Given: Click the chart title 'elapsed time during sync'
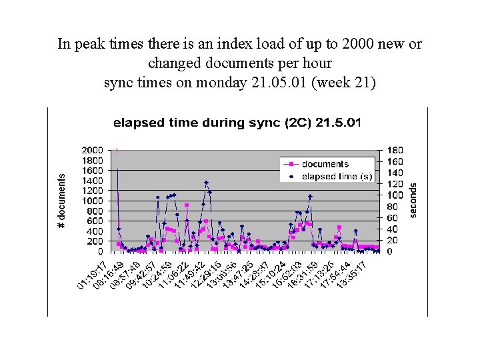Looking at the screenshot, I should click(237, 123).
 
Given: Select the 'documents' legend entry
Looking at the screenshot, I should click(325, 164).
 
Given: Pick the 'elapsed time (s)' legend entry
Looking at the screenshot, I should click(337, 176).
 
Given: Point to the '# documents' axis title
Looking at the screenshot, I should click(62, 201).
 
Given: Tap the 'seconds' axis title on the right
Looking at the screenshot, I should click(413, 200).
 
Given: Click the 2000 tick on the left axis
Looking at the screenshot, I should click(92, 150).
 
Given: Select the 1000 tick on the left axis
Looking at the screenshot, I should click(92, 201).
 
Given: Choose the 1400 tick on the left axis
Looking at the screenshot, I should click(92, 181).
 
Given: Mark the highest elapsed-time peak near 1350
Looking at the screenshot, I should click(206, 182).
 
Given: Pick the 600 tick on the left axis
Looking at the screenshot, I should click(94, 221).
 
